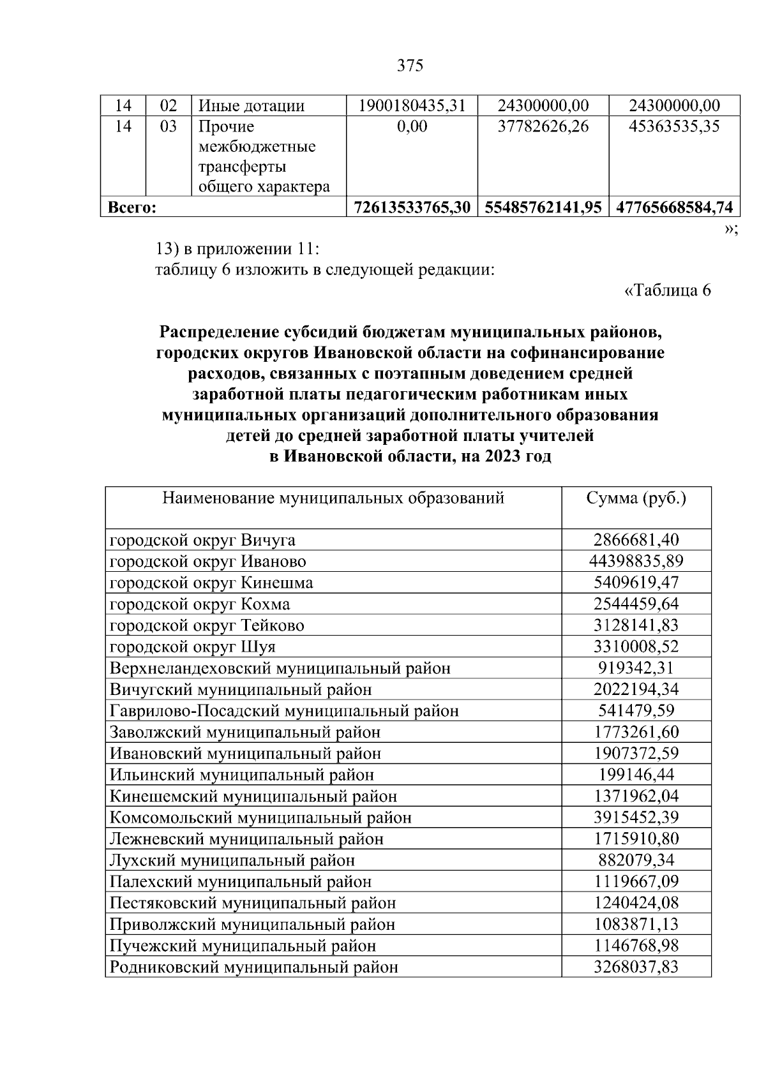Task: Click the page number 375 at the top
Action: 410,66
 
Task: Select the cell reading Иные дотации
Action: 252,106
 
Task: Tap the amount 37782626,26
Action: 543,126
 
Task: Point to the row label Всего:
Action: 132,207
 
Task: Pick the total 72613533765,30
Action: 412,207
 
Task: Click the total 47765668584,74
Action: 674,207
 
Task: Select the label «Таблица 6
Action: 667,290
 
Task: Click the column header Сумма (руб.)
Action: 636,498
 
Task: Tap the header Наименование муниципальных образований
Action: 333,498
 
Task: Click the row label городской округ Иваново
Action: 207,562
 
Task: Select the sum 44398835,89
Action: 636,562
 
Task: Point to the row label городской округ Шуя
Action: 193,647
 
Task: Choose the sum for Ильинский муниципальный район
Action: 636,775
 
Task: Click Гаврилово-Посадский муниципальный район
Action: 284,711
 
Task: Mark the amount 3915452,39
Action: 636,818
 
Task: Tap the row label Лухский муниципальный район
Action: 232,860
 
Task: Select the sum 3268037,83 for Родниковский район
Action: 636,967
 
